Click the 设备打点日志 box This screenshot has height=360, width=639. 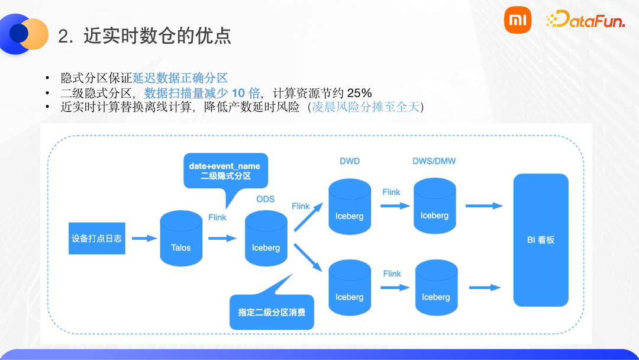click(x=97, y=238)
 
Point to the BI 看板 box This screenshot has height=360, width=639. click(x=541, y=240)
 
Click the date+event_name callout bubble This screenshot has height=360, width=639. click(x=225, y=171)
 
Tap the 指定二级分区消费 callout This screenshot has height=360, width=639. click(x=272, y=311)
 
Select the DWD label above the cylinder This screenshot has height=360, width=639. click(x=350, y=161)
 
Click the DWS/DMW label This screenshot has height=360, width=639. click(x=434, y=161)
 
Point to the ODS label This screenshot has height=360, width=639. click(x=266, y=199)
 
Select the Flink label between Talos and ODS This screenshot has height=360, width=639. click(x=217, y=217)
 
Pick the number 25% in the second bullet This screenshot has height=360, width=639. click(x=359, y=93)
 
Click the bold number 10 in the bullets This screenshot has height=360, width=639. click(x=237, y=93)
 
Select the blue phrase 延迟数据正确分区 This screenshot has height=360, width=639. click(x=180, y=79)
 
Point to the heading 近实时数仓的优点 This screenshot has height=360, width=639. click(x=157, y=36)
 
